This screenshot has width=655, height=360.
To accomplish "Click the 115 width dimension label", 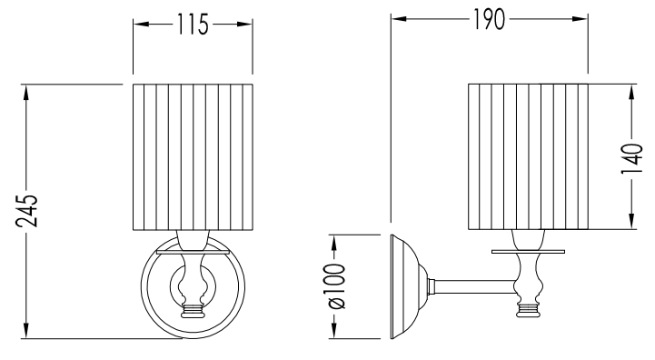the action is click(193, 25).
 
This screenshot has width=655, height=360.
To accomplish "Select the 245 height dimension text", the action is click(26, 211).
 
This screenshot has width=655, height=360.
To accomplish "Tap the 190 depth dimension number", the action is click(489, 19).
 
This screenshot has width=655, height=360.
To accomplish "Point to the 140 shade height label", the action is click(631, 159).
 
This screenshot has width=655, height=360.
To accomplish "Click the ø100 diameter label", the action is click(335, 286).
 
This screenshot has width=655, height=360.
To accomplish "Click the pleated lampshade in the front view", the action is click(193, 156).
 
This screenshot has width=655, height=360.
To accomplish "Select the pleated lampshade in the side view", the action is click(529, 156).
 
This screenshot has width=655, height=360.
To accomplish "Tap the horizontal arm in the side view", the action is click(474, 286).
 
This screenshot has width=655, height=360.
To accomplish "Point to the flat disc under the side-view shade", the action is click(529, 252).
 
